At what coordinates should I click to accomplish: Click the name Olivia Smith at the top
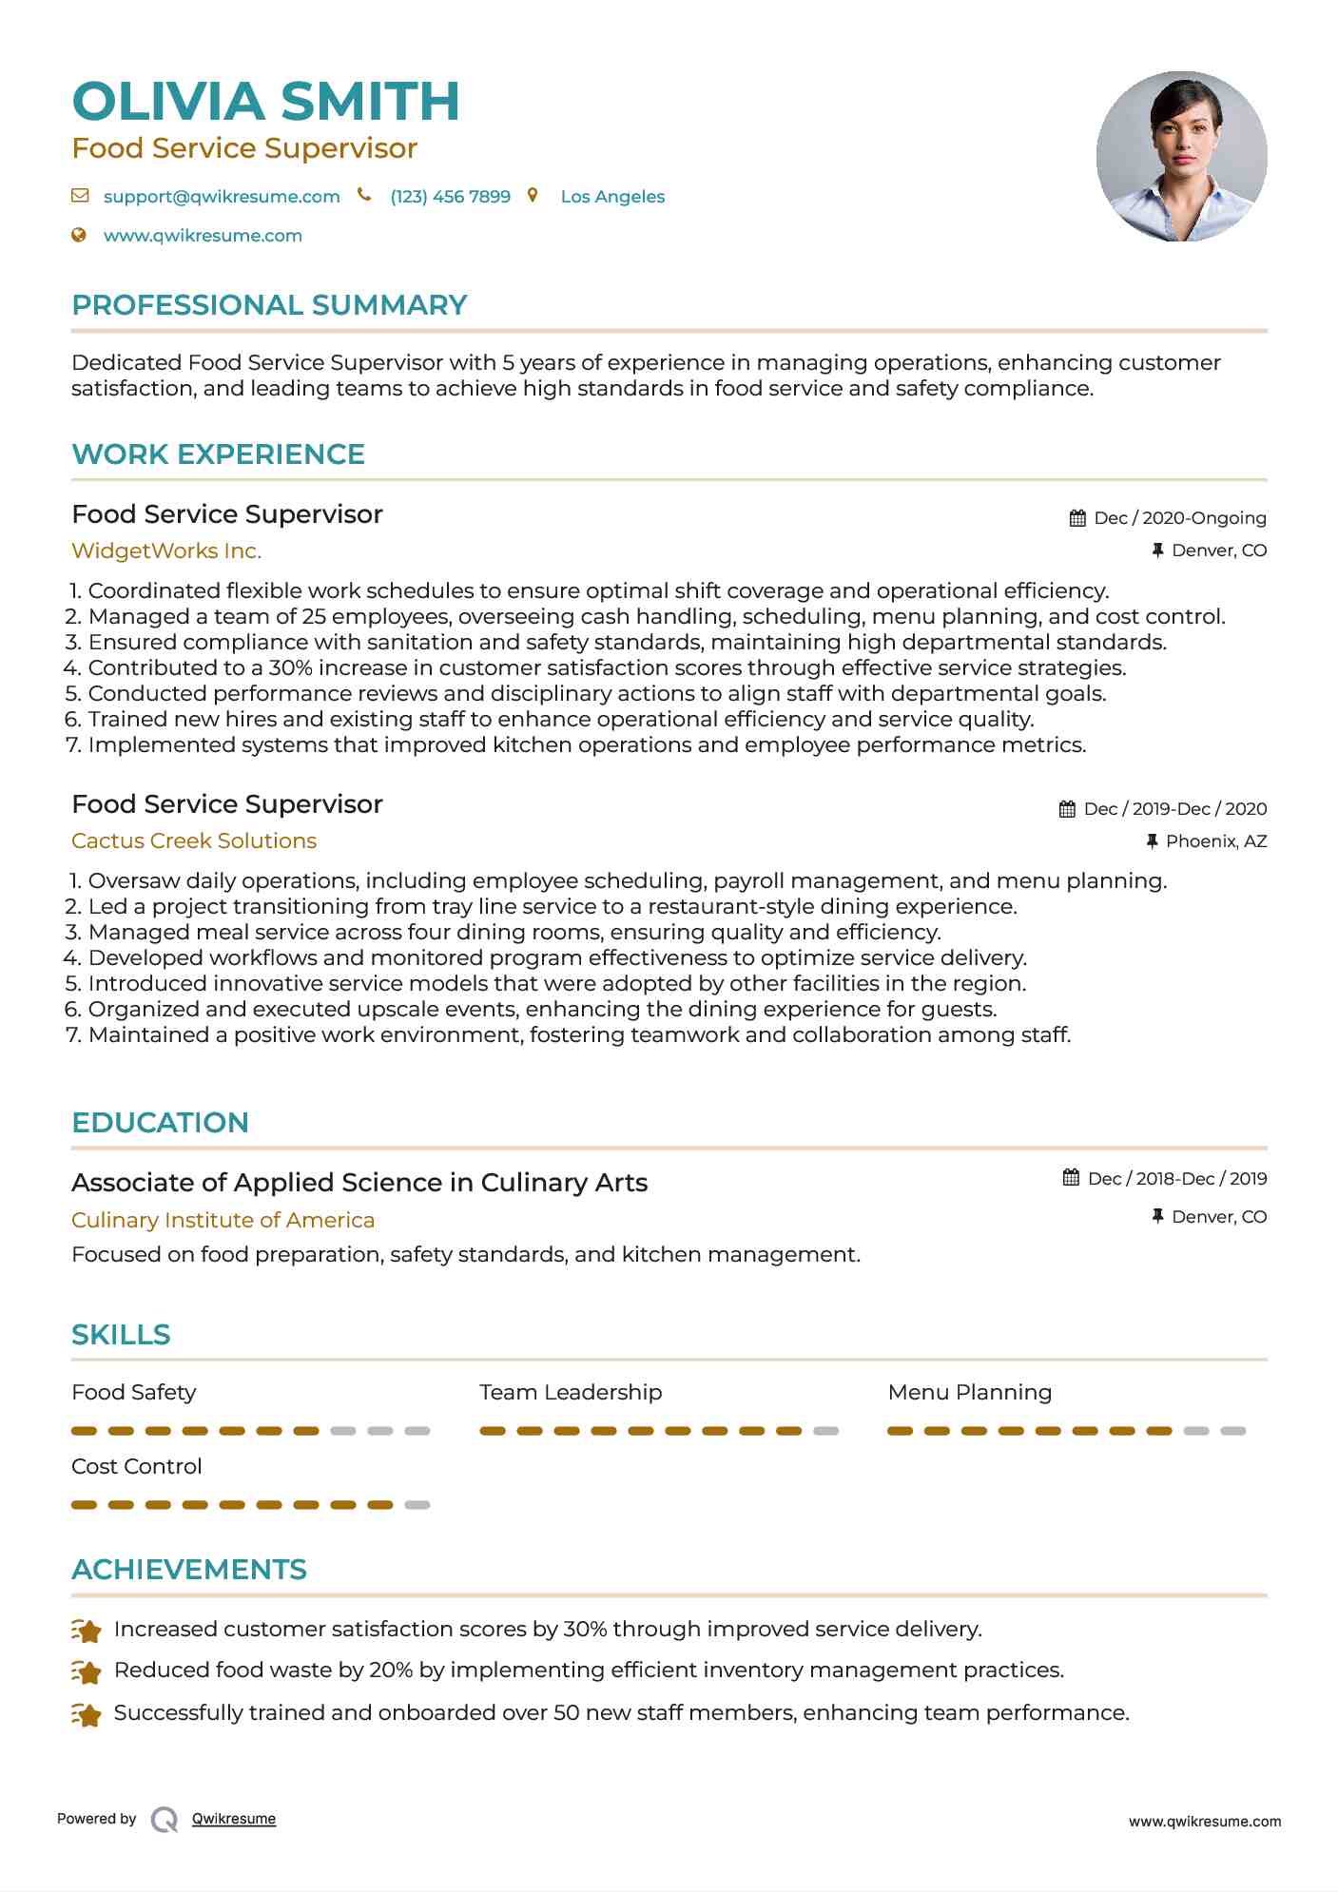click(x=265, y=102)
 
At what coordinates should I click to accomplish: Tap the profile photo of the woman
click(x=1181, y=157)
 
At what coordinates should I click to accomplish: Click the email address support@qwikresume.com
click(x=221, y=197)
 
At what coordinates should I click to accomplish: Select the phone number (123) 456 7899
click(x=450, y=197)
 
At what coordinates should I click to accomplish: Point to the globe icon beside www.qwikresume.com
click(x=79, y=235)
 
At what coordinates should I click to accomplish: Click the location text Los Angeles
click(x=612, y=197)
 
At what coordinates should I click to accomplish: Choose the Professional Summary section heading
click(x=269, y=305)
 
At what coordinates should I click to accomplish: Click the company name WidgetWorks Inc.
click(x=166, y=551)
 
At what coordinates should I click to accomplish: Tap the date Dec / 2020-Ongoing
click(x=1179, y=518)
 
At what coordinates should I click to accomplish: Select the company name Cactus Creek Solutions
click(x=194, y=841)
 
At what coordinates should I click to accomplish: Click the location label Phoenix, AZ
click(x=1215, y=841)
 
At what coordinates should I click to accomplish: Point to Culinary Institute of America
click(x=223, y=1221)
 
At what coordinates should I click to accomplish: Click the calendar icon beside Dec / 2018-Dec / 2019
click(x=1071, y=1178)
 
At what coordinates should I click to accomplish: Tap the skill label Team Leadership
click(x=571, y=1393)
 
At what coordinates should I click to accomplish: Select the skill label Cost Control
click(x=137, y=1467)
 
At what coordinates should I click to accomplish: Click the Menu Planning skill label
click(x=969, y=1393)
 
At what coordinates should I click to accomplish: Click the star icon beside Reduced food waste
click(x=87, y=1671)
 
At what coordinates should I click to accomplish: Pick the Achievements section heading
click(x=189, y=1570)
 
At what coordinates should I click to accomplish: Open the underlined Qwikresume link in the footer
click(x=234, y=1819)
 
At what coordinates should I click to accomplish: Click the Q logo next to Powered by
click(x=164, y=1819)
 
